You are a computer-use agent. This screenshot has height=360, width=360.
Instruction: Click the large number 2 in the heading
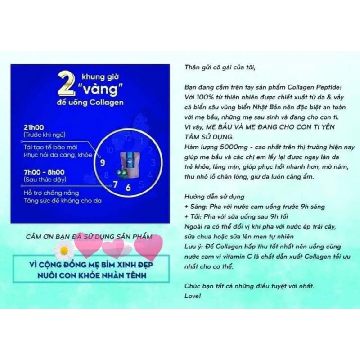(x=67, y=83)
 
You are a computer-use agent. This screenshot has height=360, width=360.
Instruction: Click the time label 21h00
(x=34, y=127)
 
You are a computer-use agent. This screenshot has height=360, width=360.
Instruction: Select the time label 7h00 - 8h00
(x=44, y=172)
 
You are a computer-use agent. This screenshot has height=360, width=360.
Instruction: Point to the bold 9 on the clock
(x=103, y=162)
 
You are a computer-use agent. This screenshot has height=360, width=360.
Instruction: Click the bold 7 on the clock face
(x=115, y=184)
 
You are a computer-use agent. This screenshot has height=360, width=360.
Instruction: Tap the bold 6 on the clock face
(x=128, y=188)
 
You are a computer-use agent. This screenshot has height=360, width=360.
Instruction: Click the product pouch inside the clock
(x=130, y=163)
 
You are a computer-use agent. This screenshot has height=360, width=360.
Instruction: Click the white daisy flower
(x=64, y=250)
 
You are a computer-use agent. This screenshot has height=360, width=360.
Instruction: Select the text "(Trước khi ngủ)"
(x=45, y=135)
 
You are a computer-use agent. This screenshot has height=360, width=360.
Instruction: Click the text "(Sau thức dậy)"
(x=45, y=179)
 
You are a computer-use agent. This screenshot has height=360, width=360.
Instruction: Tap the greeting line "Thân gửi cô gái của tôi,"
(x=220, y=67)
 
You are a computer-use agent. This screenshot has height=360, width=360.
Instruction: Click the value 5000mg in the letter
(x=234, y=147)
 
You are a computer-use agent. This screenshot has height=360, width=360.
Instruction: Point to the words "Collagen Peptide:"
(x=315, y=87)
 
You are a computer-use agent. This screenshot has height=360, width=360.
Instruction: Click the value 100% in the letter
(x=205, y=97)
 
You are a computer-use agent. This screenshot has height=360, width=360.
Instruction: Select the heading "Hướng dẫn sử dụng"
(x=215, y=197)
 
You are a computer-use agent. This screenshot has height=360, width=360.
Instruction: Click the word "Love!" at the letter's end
(x=193, y=296)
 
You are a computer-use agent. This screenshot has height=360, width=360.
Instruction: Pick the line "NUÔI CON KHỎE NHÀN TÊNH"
(x=92, y=275)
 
